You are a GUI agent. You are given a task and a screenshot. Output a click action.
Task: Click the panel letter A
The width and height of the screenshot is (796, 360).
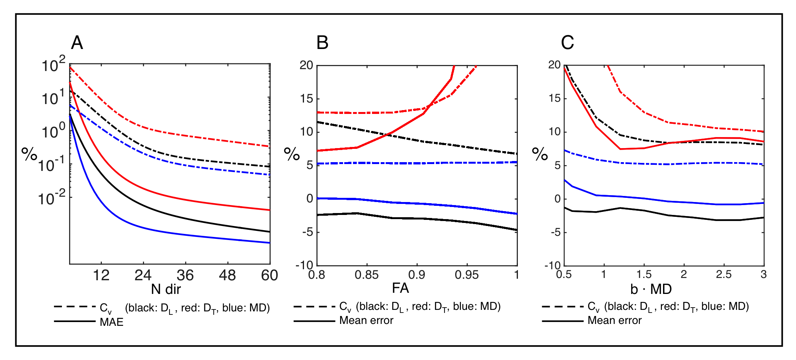77,43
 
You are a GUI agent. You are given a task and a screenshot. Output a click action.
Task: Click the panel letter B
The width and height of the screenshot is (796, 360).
322,43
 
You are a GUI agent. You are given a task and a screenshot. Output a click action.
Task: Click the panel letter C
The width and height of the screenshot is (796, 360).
567,43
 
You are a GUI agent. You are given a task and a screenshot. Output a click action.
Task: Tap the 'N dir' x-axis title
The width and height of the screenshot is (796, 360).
166,289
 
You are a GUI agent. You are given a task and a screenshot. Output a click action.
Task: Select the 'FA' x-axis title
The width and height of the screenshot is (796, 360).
400,288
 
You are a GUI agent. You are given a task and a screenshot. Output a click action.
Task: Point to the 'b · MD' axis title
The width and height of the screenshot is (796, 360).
651,289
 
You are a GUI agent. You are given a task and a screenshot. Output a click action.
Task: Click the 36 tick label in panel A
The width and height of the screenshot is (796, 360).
185,275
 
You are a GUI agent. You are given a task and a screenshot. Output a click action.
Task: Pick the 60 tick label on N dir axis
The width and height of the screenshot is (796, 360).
269,275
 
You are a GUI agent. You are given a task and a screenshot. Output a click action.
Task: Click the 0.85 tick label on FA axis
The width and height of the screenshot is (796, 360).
367,275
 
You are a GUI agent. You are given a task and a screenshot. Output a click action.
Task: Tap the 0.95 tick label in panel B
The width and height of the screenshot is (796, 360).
467,275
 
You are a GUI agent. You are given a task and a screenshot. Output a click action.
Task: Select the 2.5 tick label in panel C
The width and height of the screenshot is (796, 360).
723,274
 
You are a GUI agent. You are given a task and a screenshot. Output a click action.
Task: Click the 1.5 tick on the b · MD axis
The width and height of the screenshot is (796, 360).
644,274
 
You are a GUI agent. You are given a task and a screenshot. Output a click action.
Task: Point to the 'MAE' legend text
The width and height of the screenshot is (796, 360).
111,322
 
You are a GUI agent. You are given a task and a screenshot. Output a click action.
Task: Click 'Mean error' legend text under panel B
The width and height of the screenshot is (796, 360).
366,321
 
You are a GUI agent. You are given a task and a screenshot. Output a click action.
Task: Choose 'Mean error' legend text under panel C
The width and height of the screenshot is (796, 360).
614,321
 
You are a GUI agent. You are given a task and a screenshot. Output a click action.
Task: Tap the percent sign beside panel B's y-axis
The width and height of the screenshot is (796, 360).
292,154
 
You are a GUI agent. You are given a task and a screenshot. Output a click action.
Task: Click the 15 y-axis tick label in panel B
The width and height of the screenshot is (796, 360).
306,99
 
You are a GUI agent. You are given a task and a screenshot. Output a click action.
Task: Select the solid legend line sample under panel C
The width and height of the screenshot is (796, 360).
562,321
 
